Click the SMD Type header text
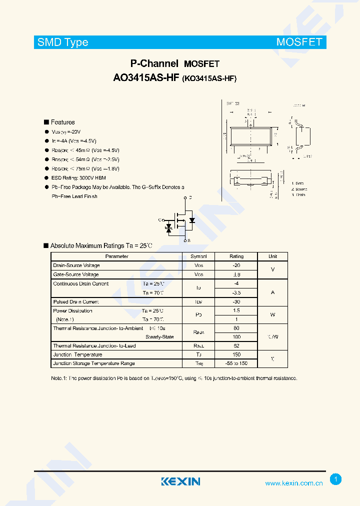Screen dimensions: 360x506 pos(63,42)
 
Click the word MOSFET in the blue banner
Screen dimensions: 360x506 pos(299,42)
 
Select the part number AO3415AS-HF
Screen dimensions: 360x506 pos(146,78)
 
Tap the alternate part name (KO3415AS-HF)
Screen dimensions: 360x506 pos(209,78)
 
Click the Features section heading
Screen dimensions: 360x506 pos(62,122)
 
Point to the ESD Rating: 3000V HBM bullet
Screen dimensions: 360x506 pos(78,178)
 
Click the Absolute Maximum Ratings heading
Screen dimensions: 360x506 pos(100,245)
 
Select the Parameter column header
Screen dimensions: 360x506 pos(116,256)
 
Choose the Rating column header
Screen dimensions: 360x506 pos(236,256)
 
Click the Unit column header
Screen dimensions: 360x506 pos(272,256)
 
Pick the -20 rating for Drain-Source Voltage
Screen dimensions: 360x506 pos(236,265)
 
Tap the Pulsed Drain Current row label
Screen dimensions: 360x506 pos(76,302)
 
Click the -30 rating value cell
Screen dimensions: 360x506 pos(236,302)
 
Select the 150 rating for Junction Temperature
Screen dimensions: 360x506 pos(236,354)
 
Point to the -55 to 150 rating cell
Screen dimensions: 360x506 pos(236,363)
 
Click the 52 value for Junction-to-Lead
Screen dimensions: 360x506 pos(236,345)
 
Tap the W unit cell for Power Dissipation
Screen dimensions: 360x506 pos(272,315)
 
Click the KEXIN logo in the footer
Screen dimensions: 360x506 pos(180,481)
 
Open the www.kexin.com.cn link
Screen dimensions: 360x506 pos(293,483)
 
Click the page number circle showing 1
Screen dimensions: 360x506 pos(336,479)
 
